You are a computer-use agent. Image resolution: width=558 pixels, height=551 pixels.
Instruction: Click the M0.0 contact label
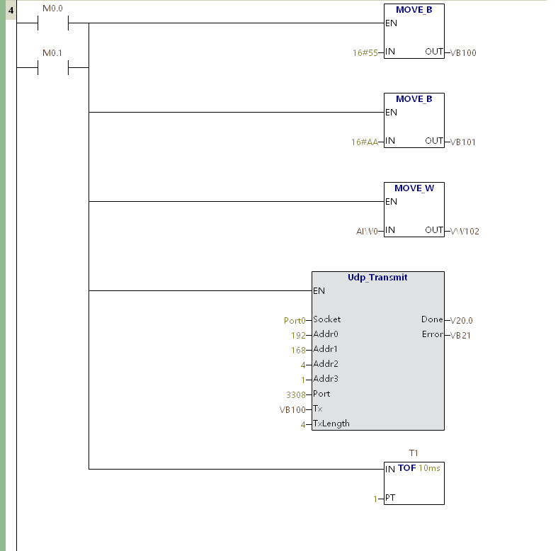tap(52, 8)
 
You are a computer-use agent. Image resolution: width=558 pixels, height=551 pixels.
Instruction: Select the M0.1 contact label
tap(52, 52)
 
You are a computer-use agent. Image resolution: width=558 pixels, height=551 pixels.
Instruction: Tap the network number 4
tap(11, 11)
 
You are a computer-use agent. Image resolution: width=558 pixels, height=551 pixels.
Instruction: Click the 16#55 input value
tap(365, 53)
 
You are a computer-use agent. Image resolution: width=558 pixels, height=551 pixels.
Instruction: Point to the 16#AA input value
tap(365, 142)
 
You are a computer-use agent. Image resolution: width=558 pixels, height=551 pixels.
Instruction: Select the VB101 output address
tap(462, 142)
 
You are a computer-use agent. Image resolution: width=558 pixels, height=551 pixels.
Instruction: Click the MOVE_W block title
tap(414, 188)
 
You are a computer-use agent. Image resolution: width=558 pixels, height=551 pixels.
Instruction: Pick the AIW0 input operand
tap(367, 232)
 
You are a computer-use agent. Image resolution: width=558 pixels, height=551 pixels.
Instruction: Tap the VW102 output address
tap(465, 232)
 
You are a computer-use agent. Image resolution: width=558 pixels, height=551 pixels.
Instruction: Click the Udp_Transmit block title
tap(377, 278)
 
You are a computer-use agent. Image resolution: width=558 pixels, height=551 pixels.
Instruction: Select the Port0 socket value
tap(295, 321)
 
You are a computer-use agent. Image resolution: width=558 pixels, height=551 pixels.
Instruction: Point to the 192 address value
tap(298, 335)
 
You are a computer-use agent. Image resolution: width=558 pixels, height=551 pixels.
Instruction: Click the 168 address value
tap(298, 351)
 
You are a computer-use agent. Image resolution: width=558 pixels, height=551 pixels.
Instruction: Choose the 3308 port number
tap(296, 394)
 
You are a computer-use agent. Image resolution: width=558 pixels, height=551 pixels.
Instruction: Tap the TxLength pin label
tap(331, 424)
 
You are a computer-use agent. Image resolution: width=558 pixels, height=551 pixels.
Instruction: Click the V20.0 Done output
tap(461, 320)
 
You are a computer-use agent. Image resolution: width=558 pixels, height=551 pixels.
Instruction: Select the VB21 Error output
tap(460, 335)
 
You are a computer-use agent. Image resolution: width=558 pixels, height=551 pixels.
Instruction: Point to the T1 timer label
tap(414, 453)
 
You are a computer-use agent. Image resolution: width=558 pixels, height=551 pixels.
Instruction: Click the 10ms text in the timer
tap(429, 467)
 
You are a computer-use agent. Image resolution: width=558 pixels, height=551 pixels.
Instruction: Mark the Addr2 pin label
tap(326, 364)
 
